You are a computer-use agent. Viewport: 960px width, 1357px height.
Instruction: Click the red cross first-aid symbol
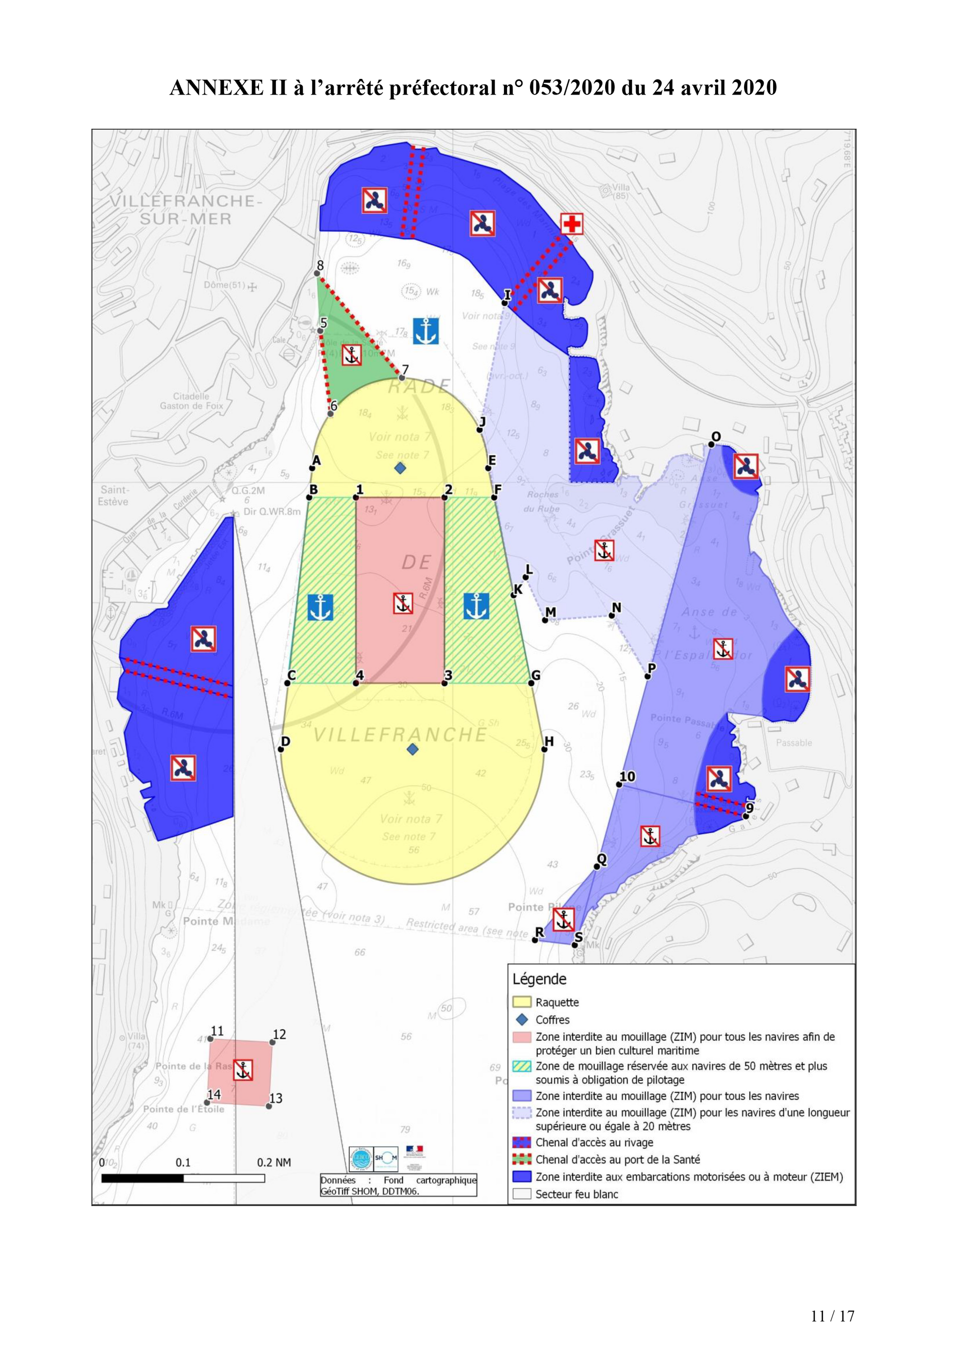[571, 224]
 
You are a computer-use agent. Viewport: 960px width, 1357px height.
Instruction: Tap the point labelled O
[711, 444]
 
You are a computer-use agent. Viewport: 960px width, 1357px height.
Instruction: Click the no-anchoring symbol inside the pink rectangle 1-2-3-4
[402, 603]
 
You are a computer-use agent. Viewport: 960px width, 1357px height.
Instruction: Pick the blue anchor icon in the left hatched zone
[320, 607]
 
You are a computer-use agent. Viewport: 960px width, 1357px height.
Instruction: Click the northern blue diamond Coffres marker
[400, 468]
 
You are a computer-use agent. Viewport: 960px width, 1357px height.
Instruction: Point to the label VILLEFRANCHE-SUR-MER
[185, 210]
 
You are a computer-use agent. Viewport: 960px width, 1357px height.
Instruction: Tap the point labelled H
[544, 749]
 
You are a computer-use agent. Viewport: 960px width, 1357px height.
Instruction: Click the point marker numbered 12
[272, 1043]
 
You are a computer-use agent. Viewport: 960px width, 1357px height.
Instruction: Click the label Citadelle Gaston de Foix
[191, 401]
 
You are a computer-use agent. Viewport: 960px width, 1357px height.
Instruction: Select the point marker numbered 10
[619, 784]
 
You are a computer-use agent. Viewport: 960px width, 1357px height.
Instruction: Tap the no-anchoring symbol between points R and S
[563, 920]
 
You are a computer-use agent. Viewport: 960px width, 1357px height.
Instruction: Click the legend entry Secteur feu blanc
[576, 1194]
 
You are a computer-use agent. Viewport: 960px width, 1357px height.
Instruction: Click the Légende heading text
[539, 979]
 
